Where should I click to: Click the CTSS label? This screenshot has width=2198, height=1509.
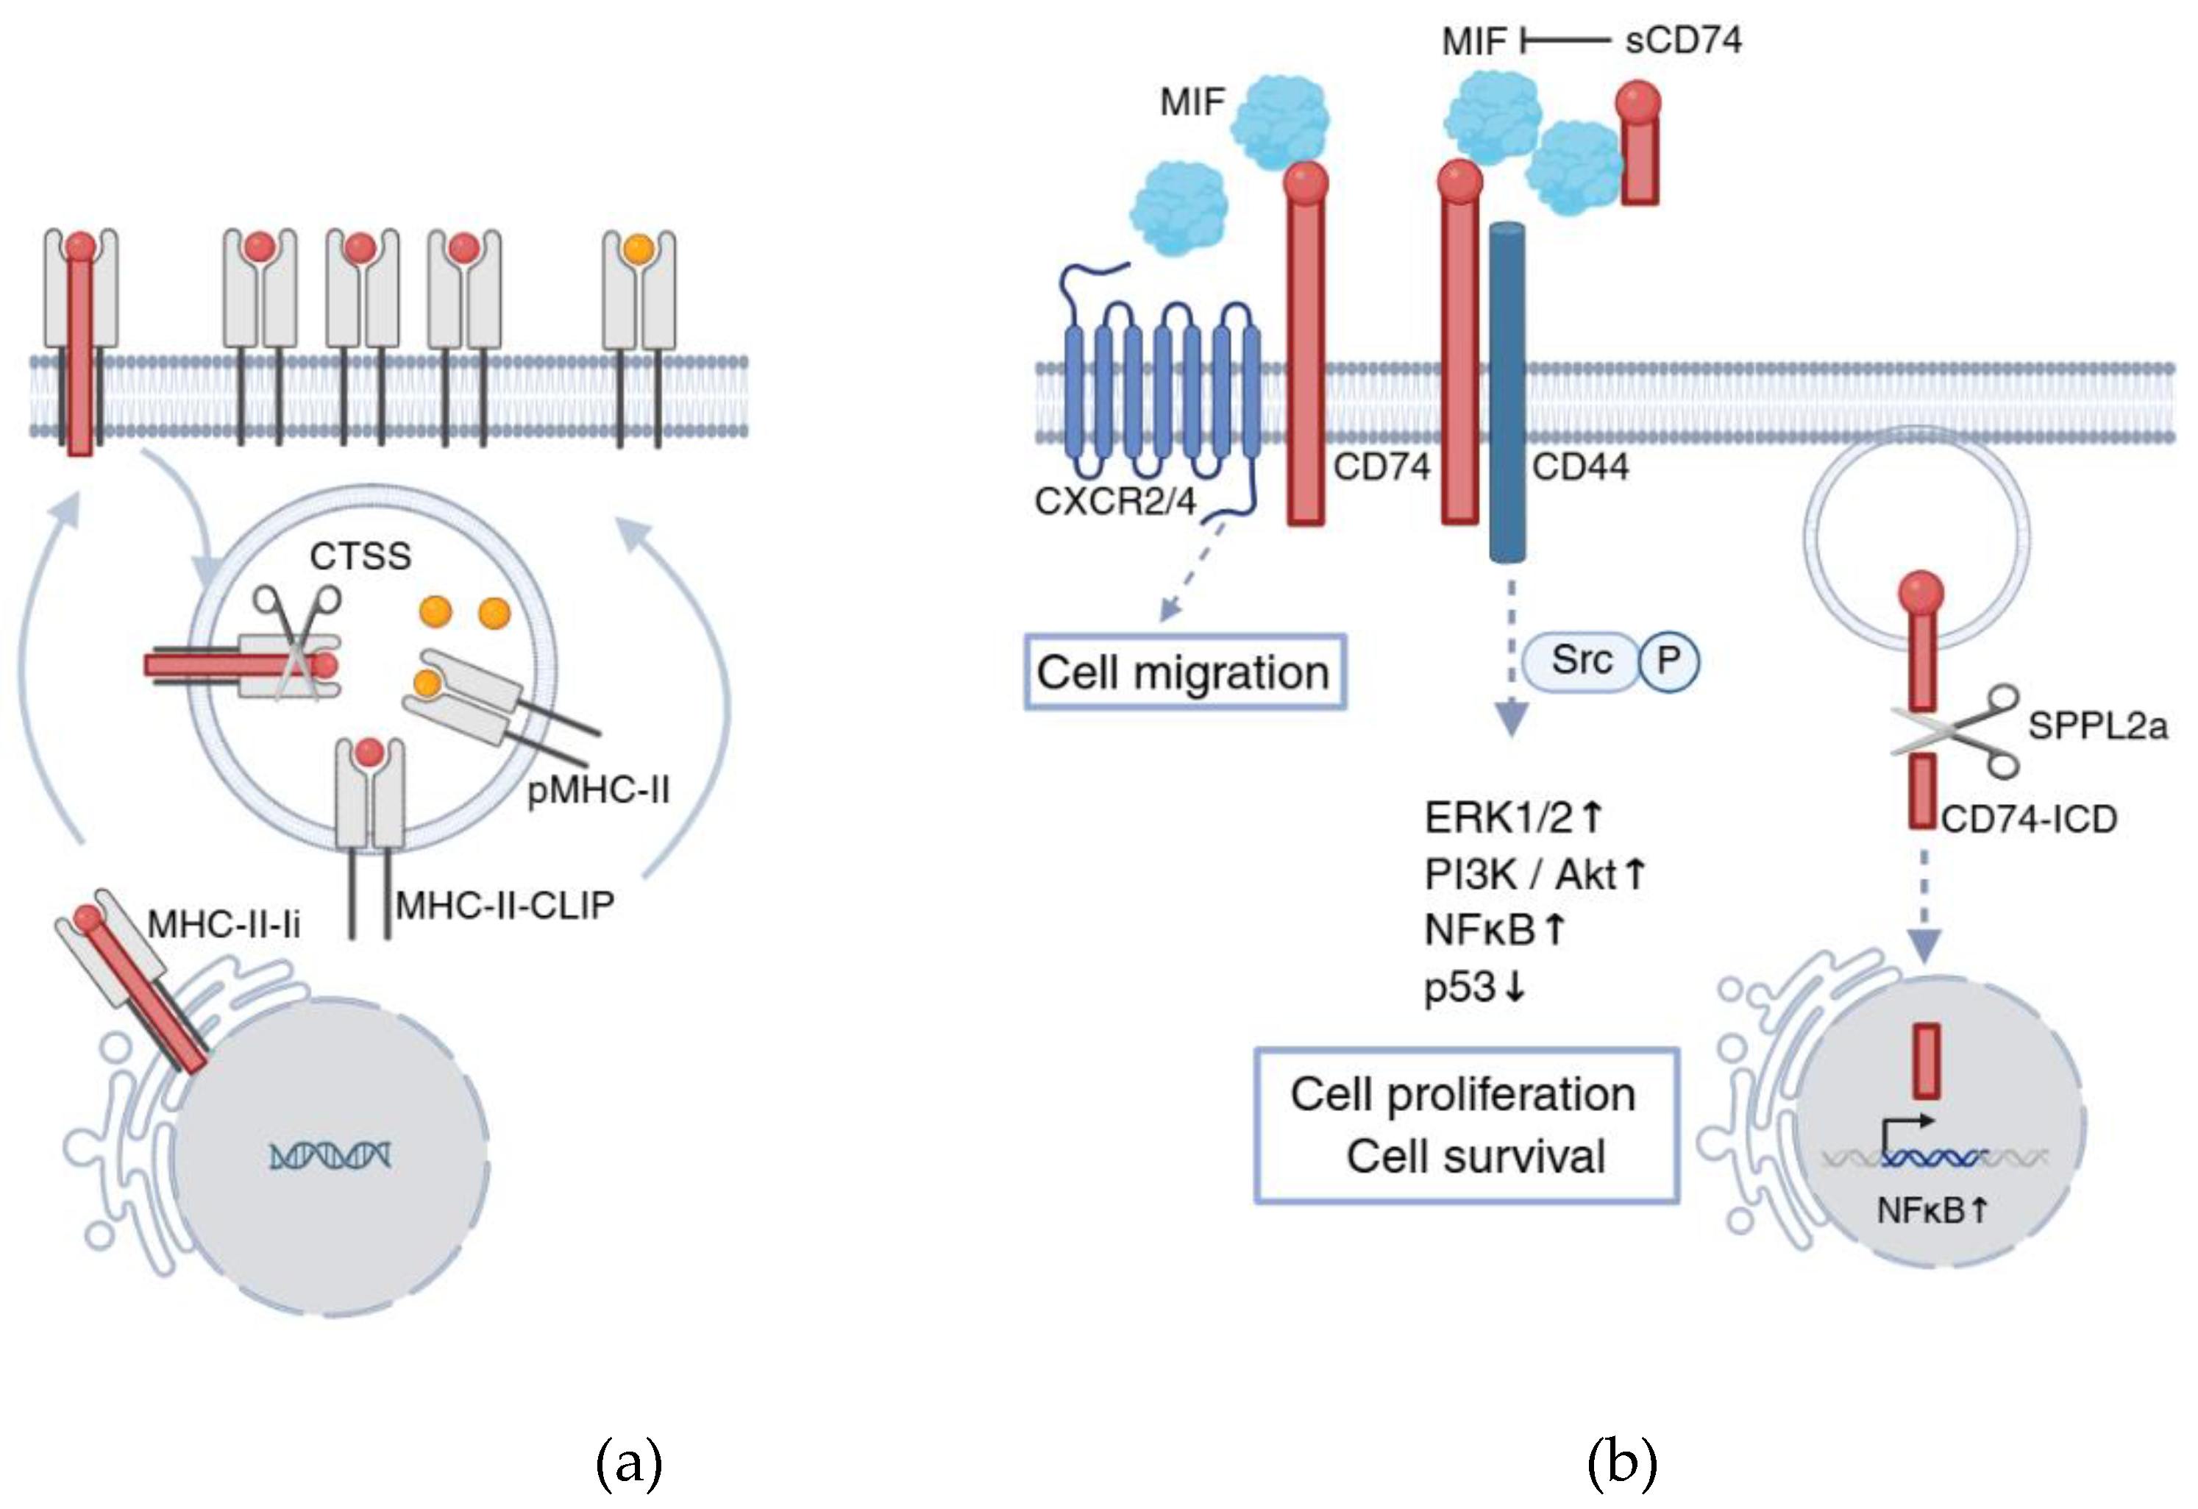point(360,556)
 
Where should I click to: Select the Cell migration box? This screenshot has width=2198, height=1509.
point(1185,672)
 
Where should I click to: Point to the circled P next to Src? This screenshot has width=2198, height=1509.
point(1668,661)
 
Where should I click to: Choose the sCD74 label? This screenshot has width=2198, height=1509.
point(1684,40)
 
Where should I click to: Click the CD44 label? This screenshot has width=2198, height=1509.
point(1580,466)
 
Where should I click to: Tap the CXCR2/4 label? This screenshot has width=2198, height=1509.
point(1115,500)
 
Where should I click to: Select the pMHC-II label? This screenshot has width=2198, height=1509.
point(598,788)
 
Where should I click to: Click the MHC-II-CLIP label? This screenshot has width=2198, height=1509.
point(505,906)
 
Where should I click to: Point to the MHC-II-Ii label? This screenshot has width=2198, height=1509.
point(224,924)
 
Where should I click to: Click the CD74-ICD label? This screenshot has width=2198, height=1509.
point(2029,820)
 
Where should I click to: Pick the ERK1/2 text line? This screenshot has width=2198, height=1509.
point(1513,817)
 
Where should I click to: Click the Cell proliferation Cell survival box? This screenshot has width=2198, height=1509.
point(1467,1126)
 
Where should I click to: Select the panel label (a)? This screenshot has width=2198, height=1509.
point(629,1463)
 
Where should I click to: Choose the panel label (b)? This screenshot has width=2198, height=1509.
point(1622,1463)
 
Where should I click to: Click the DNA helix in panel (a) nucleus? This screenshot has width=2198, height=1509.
point(330,1155)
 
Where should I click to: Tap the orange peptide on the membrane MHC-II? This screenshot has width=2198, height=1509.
point(639,249)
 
